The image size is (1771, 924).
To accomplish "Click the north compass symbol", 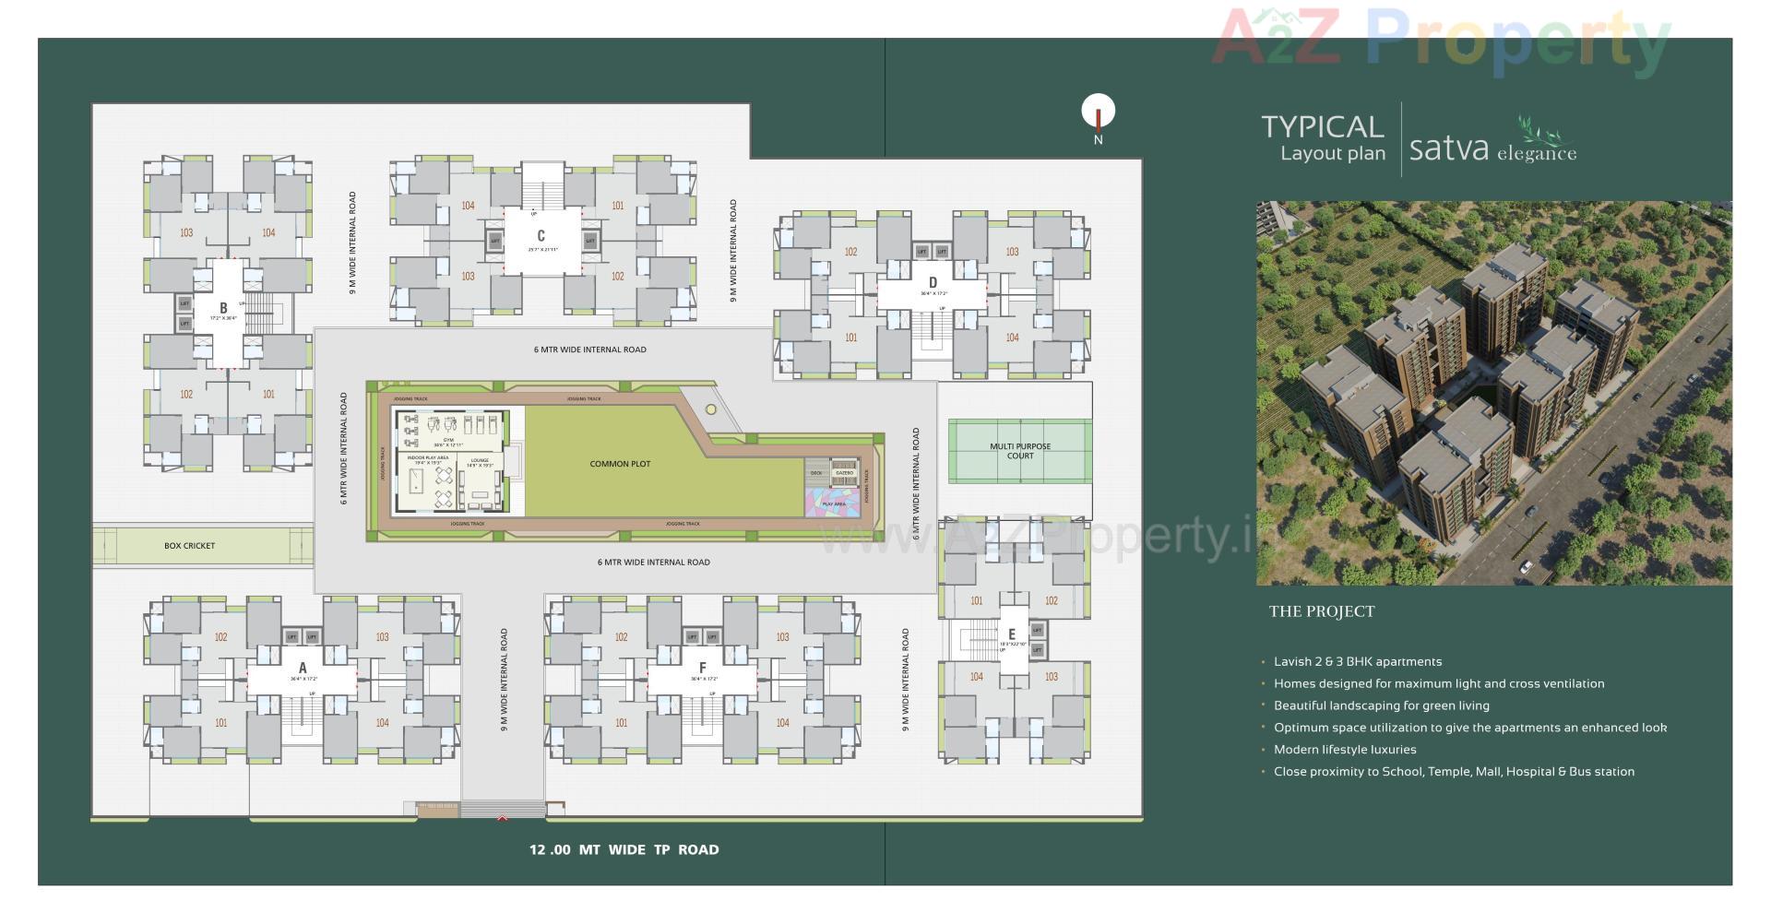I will tap(1098, 113).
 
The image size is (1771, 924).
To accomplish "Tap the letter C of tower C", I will tap(541, 236).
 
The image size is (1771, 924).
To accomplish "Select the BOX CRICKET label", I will tap(189, 546).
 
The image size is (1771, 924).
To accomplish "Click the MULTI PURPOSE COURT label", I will tap(1020, 451).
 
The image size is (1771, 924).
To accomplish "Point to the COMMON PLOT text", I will tap(620, 464).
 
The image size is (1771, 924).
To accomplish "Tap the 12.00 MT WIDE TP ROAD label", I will tap(624, 850).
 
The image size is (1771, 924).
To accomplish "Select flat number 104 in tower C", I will tap(468, 206).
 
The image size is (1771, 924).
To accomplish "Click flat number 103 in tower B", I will tap(186, 232).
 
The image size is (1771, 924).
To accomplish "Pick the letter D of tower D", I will tap(933, 283).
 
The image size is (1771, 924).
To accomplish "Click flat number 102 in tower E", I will tap(1051, 600).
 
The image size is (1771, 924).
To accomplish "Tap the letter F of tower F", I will tap(703, 669).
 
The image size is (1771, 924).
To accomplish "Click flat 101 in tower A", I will tap(220, 723).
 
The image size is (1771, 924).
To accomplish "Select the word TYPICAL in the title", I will tap(1323, 126).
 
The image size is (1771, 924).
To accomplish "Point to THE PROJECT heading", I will tap(1321, 611).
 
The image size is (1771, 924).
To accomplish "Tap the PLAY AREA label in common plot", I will tap(833, 504).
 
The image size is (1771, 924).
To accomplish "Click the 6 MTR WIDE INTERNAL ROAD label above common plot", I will tap(589, 349).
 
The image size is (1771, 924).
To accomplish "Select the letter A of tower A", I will tap(303, 669).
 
